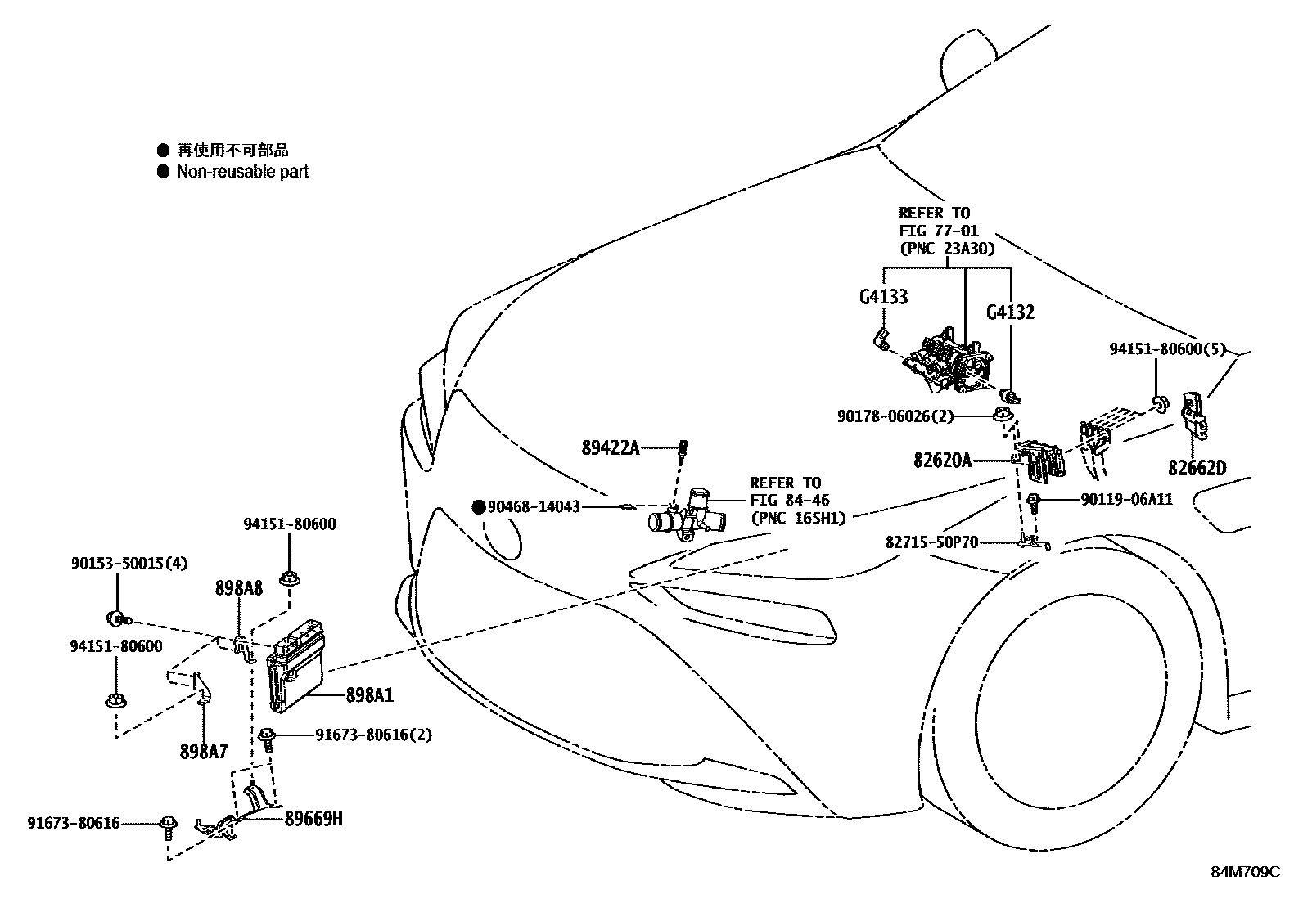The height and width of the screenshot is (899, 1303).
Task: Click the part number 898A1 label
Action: pyautogui.click(x=369, y=695)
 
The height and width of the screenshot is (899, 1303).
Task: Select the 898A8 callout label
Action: pyautogui.click(x=239, y=587)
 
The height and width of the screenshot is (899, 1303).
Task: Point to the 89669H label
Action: pyautogui.click(x=313, y=817)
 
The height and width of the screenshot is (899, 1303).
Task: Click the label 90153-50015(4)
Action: pyautogui.click(x=129, y=563)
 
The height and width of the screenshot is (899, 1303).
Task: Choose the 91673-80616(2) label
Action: pyautogui.click(x=373, y=735)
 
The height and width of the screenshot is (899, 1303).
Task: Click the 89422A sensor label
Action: pyautogui.click(x=611, y=447)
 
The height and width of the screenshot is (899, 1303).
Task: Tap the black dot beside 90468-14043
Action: pyautogui.click(x=478, y=506)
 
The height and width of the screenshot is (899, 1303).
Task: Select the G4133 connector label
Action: pyautogui.click(x=883, y=296)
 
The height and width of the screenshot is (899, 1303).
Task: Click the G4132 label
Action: pyautogui.click(x=1010, y=312)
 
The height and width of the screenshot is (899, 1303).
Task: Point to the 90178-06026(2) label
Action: pyautogui.click(x=895, y=416)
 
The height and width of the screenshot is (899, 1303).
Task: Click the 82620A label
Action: pyautogui.click(x=942, y=461)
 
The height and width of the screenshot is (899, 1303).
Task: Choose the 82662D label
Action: pyautogui.click(x=1197, y=468)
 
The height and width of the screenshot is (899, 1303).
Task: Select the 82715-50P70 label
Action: pyautogui.click(x=931, y=542)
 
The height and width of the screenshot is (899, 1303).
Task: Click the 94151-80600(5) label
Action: pyautogui.click(x=1168, y=348)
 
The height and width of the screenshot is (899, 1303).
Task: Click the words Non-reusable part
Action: pyautogui.click(x=242, y=172)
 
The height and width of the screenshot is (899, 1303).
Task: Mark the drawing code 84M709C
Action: pyautogui.click(x=1245, y=872)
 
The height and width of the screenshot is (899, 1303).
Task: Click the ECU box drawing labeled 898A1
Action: pyautogui.click(x=295, y=663)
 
